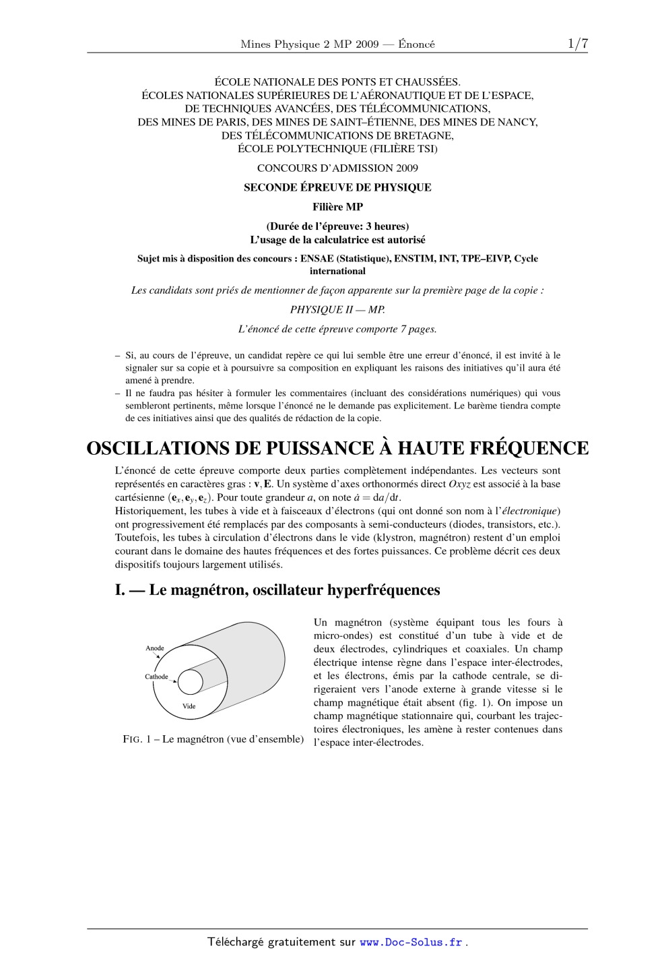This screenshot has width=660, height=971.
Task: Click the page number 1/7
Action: tap(577, 44)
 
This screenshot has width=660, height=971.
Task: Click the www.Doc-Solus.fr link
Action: tap(411, 942)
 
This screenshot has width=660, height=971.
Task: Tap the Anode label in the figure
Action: tap(155, 648)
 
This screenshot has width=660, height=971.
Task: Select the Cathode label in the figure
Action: tap(156, 677)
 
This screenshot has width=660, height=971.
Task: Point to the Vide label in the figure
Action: tap(189, 706)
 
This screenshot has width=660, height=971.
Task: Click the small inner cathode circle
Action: tap(191, 682)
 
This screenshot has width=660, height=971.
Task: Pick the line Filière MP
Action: tap(337, 207)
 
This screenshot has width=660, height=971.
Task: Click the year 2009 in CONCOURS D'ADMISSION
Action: tap(403, 168)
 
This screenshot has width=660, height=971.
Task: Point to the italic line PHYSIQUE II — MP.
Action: tap(337, 310)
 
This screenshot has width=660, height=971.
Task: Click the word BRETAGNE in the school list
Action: tap(427, 135)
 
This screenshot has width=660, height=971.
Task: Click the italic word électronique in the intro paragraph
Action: tap(530, 511)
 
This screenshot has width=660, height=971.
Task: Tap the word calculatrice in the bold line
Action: tap(356, 239)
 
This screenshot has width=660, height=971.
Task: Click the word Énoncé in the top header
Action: tap(416, 44)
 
